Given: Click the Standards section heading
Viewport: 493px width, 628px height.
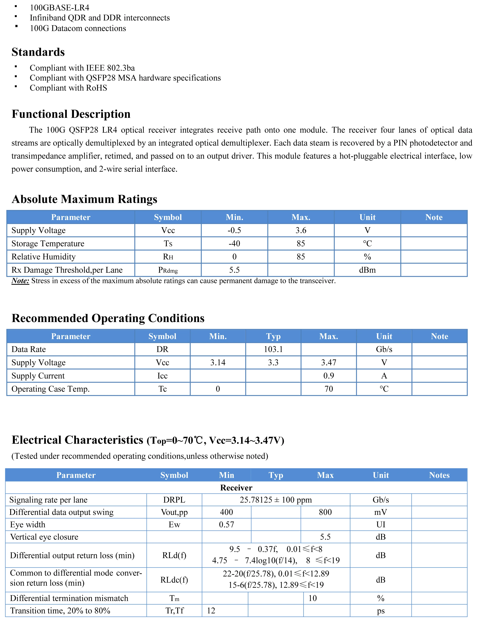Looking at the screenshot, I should pyautogui.click(x=38, y=52).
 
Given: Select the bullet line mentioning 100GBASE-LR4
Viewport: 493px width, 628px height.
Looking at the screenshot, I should pyautogui.click(x=59, y=8).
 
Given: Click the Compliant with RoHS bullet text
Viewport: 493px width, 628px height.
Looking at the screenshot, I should pyautogui.click(x=68, y=88).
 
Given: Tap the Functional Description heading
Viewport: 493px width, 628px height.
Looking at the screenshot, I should pyautogui.click(x=71, y=114).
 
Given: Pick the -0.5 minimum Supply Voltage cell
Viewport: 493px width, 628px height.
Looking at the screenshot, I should pyautogui.click(x=234, y=230).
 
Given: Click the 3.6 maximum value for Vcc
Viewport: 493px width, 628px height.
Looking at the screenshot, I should pyautogui.click(x=301, y=230).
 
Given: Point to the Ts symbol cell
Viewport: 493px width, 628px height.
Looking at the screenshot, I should pyautogui.click(x=168, y=244).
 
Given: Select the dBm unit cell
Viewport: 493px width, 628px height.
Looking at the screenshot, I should pyautogui.click(x=367, y=270).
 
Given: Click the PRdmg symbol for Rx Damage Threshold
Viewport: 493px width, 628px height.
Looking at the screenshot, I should pyautogui.click(x=168, y=270).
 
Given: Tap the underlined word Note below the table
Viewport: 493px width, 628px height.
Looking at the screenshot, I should pyautogui.click(x=20, y=281).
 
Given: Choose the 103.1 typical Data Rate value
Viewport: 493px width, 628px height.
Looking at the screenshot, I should pyautogui.click(x=273, y=349).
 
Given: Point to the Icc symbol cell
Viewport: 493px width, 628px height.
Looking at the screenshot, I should pyautogui.click(x=162, y=376).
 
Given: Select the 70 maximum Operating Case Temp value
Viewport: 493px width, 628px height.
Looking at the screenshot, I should pyautogui.click(x=329, y=389).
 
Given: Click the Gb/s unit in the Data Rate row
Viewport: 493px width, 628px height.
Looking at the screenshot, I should pyautogui.click(x=384, y=349).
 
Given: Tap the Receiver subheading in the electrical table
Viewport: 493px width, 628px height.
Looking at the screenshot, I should pyautogui.click(x=236, y=488).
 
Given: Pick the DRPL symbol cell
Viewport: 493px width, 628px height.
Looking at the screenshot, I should pyautogui.click(x=174, y=500).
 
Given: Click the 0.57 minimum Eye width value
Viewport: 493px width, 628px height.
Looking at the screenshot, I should pyautogui.click(x=226, y=524).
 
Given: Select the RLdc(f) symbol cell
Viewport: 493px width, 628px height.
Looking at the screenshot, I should pyautogui.click(x=174, y=580).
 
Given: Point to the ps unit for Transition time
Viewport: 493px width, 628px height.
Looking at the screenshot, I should pyautogui.click(x=380, y=611).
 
